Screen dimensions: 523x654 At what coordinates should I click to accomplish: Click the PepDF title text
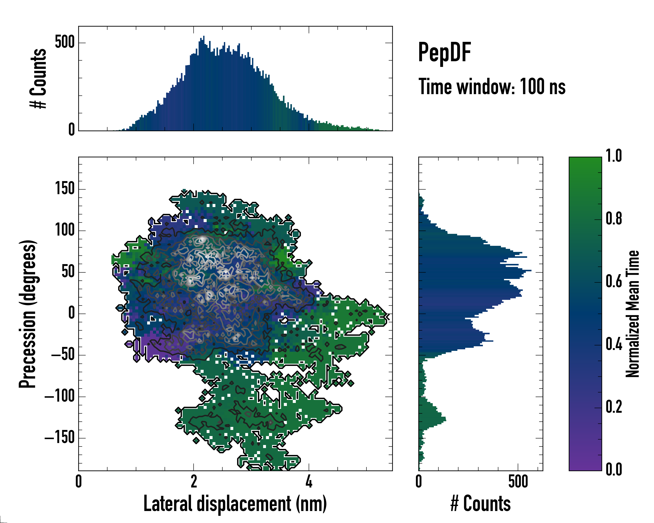[x=444, y=53]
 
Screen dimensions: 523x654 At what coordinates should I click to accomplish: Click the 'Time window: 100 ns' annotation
[x=492, y=87]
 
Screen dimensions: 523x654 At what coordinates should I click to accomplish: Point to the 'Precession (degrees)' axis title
[x=28, y=314]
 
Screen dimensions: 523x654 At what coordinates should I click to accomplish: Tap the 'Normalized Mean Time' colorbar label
[x=632, y=314]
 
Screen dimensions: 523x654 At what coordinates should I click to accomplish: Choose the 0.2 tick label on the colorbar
[x=614, y=407]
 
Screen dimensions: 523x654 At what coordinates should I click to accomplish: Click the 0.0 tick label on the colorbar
[x=614, y=469]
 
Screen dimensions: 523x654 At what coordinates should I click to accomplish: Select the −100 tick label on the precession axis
[x=60, y=396]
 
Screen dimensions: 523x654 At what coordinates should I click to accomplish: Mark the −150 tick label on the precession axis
[x=60, y=438]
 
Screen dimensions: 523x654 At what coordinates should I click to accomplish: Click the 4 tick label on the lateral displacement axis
[x=309, y=481]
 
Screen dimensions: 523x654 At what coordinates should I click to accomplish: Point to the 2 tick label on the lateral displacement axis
[x=194, y=481]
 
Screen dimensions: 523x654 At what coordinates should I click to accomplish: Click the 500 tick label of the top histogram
[x=65, y=42]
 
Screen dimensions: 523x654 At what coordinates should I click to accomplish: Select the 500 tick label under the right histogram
[x=518, y=481]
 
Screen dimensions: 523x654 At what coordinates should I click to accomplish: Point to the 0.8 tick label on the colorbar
[x=614, y=219]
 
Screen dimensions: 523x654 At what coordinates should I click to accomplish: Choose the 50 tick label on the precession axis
[x=68, y=272]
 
